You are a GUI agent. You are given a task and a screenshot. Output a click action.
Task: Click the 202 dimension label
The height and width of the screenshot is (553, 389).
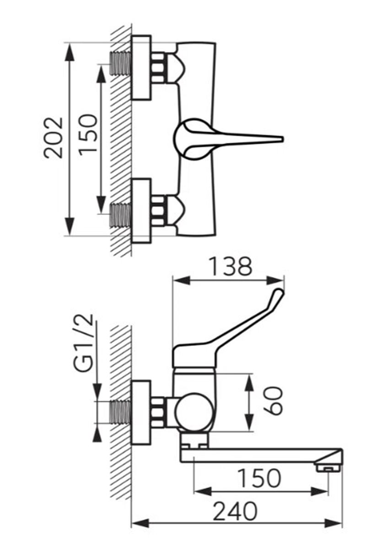point(53,138)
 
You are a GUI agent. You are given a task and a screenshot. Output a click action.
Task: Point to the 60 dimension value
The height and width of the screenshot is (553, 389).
point(273,401)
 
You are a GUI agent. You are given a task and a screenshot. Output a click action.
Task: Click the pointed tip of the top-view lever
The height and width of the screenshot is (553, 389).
point(283,139)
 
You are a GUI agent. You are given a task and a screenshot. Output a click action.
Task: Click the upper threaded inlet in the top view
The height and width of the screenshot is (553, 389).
point(120,64)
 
